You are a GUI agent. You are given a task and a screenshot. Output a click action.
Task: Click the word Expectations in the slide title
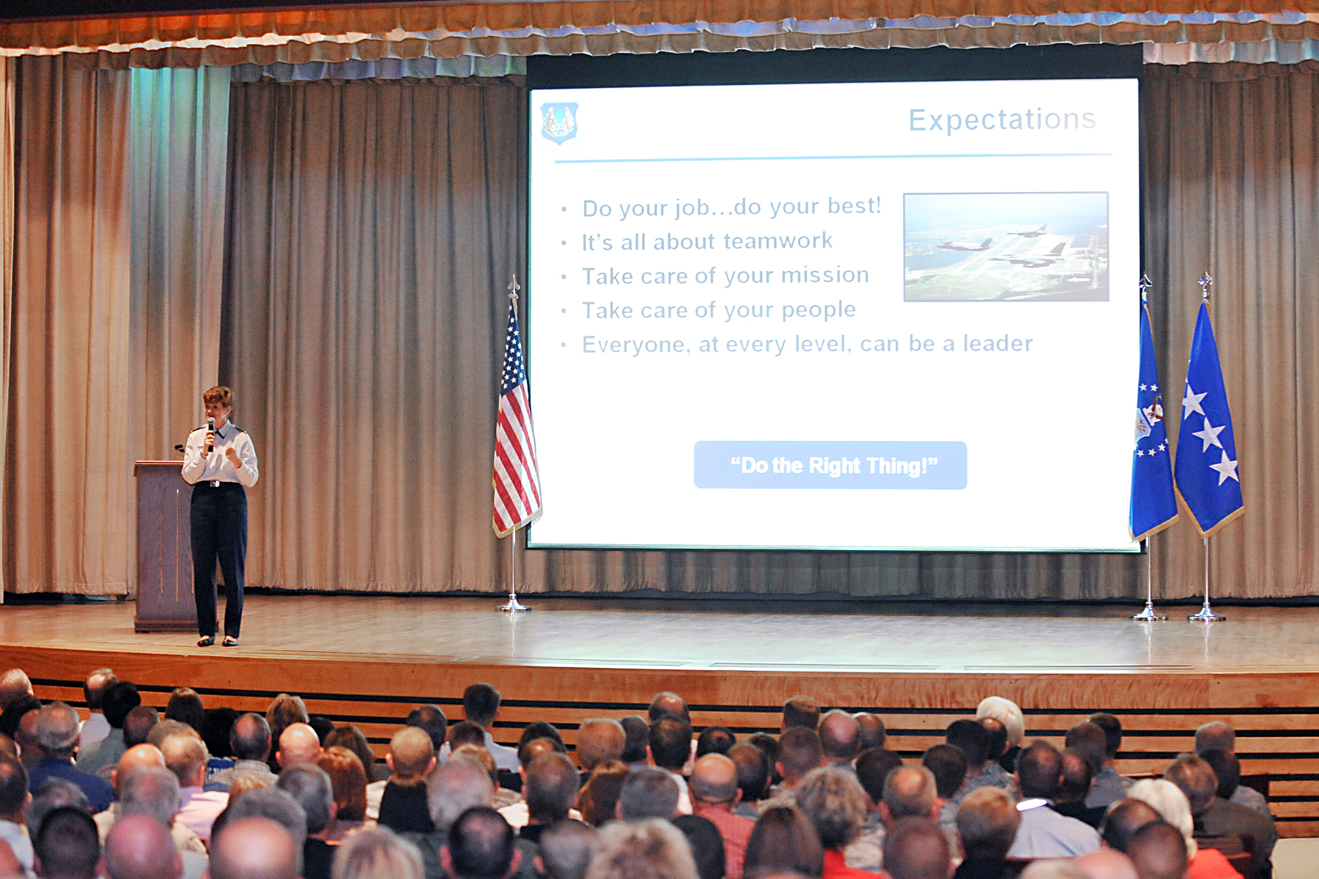pyautogui.click(x=1002, y=119)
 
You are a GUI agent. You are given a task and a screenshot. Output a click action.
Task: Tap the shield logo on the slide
pyautogui.click(x=559, y=122)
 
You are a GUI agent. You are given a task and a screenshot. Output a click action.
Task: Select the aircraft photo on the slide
pyautogui.click(x=1005, y=247)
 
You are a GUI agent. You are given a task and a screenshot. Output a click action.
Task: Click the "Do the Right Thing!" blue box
pyautogui.click(x=830, y=465)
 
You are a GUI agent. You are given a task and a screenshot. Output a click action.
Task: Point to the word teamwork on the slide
pyautogui.click(x=778, y=241)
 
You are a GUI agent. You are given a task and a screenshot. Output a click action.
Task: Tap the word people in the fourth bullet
pyautogui.click(x=818, y=310)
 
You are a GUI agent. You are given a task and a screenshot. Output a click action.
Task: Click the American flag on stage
pyautogui.click(x=515, y=425)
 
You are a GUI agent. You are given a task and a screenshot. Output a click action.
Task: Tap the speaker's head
pyautogui.click(x=218, y=405)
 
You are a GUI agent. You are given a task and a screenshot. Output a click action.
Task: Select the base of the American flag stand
pyautogui.click(x=513, y=606)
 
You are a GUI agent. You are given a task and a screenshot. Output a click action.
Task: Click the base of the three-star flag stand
pyautogui.click(x=1206, y=615)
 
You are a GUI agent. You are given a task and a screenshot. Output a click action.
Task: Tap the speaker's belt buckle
pyautogui.click(x=214, y=483)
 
